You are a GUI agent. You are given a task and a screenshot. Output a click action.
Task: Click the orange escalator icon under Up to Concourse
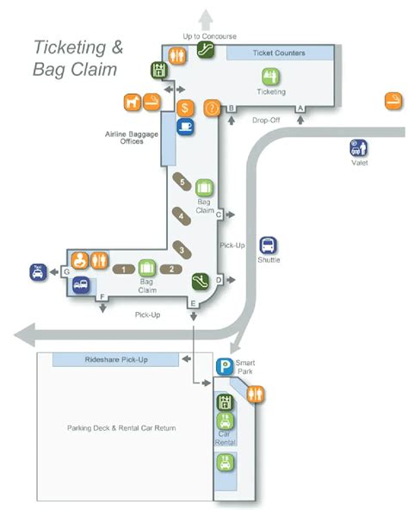[x=204, y=51]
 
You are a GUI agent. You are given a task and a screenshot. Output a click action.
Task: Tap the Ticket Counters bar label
[x=278, y=53]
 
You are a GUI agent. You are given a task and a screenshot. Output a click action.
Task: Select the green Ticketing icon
[x=271, y=76]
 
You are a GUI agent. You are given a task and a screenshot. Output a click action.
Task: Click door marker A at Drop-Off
[x=300, y=108]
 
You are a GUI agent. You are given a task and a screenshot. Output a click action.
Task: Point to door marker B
[x=230, y=108]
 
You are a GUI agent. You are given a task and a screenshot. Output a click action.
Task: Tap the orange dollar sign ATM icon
[x=185, y=109]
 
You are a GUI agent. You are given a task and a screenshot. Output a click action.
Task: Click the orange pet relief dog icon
[x=133, y=102]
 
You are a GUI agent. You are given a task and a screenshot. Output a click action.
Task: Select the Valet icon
[x=359, y=147]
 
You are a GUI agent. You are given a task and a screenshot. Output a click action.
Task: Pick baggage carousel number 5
[x=182, y=181]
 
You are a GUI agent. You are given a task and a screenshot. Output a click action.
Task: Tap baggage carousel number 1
[x=124, y=269]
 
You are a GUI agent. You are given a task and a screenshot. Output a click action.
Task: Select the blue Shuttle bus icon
[x=269, y=245]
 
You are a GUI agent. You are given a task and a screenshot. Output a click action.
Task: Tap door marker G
[x=65, y=272]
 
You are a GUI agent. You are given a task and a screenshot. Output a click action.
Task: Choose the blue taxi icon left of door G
[x=38, y=271]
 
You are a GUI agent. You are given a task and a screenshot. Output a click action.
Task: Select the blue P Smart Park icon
[x=225, y=367]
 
